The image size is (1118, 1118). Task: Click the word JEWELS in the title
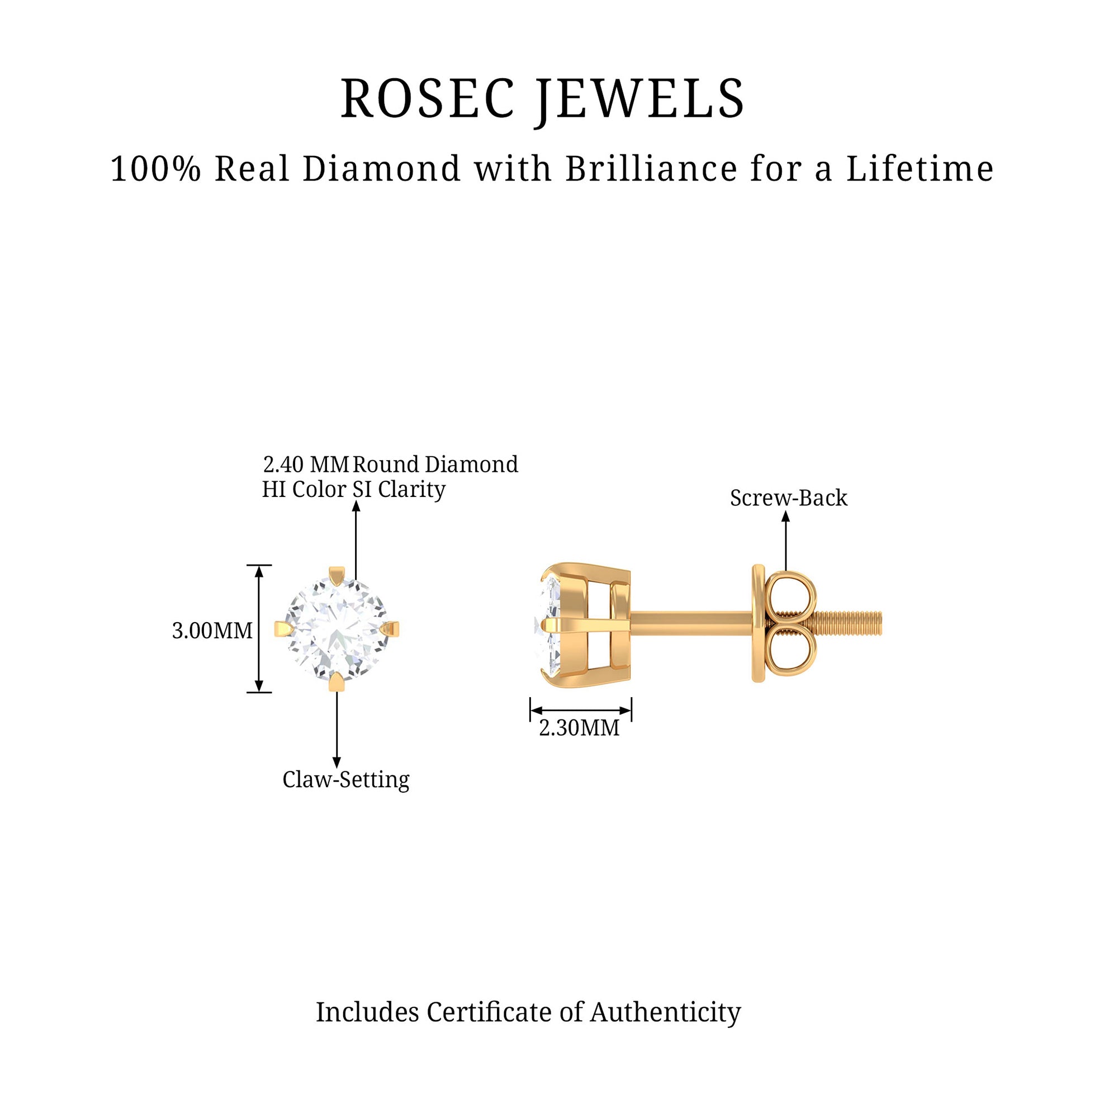click(641, 99)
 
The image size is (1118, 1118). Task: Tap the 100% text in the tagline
click(155, 169)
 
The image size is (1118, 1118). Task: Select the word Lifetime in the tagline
click(920, 169)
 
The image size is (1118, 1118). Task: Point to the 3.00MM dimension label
click(212, 630)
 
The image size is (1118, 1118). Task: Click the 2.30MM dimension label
click(579, 728)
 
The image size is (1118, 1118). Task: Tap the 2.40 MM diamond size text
click(306, 465)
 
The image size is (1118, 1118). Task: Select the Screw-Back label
click(788, 498)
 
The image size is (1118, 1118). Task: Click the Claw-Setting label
click(345, 779)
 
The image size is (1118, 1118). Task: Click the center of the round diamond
click(337, 629)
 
